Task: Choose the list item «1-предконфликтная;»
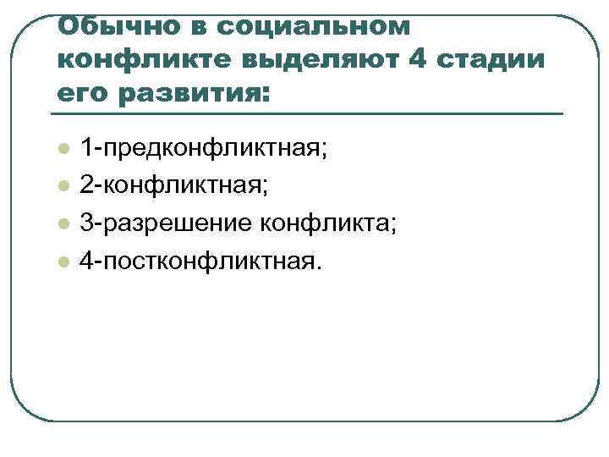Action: click(203, 150)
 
